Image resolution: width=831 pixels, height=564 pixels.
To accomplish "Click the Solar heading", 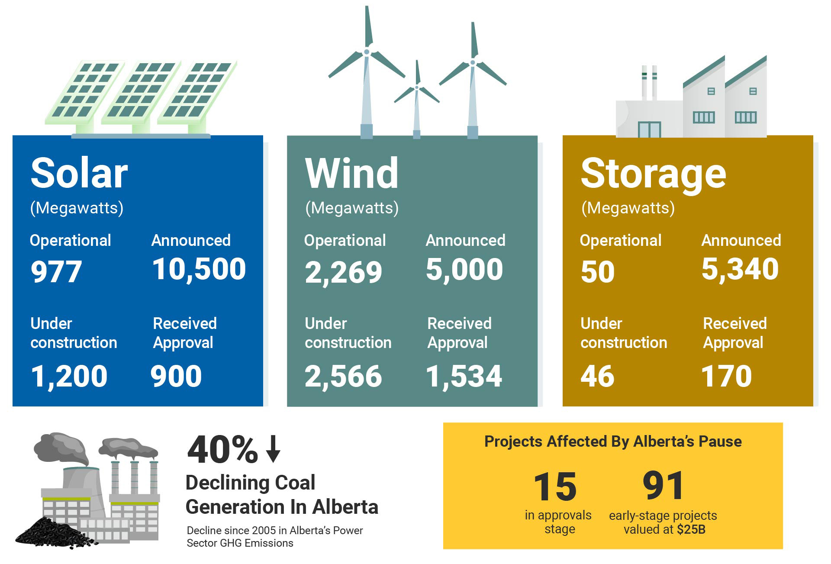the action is [x=79, y=173].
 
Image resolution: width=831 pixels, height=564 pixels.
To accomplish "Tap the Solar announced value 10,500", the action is [x=199, y=269].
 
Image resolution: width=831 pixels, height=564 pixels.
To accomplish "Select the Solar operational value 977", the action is [x=56, y=272].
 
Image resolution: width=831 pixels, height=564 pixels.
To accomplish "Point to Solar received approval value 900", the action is [x=176, y=376].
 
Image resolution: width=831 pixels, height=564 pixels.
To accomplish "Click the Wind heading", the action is [x=351, y=173].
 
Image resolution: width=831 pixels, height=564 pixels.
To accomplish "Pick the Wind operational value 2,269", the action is [x=343, y=272].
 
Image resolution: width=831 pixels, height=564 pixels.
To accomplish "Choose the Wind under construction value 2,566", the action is [x=343, y=376].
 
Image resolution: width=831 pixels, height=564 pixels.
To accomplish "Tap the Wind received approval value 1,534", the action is [x=464, y=376].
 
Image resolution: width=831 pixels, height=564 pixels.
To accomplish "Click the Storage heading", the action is [x=654, y=174].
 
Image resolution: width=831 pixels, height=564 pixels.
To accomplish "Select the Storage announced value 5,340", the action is [x=740, y=269].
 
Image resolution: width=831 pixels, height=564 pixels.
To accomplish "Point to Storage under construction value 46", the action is [x=597, y=376].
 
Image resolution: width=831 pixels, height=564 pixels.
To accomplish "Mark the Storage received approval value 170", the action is [x=727, y=376].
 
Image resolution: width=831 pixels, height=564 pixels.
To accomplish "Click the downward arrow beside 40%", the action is [x=273, y=449].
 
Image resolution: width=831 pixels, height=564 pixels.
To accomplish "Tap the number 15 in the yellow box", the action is [x=555, y=487].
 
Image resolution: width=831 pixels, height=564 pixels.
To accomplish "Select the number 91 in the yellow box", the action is [x=663, y=486].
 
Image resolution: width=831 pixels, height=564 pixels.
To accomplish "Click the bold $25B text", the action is [x=691, y=529].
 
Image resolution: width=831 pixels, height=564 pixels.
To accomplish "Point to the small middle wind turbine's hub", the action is [x=417, y=87].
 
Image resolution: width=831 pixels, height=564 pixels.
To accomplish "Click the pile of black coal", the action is [x=56, y=532].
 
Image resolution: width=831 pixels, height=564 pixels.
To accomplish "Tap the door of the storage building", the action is [x=649, y=129].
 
